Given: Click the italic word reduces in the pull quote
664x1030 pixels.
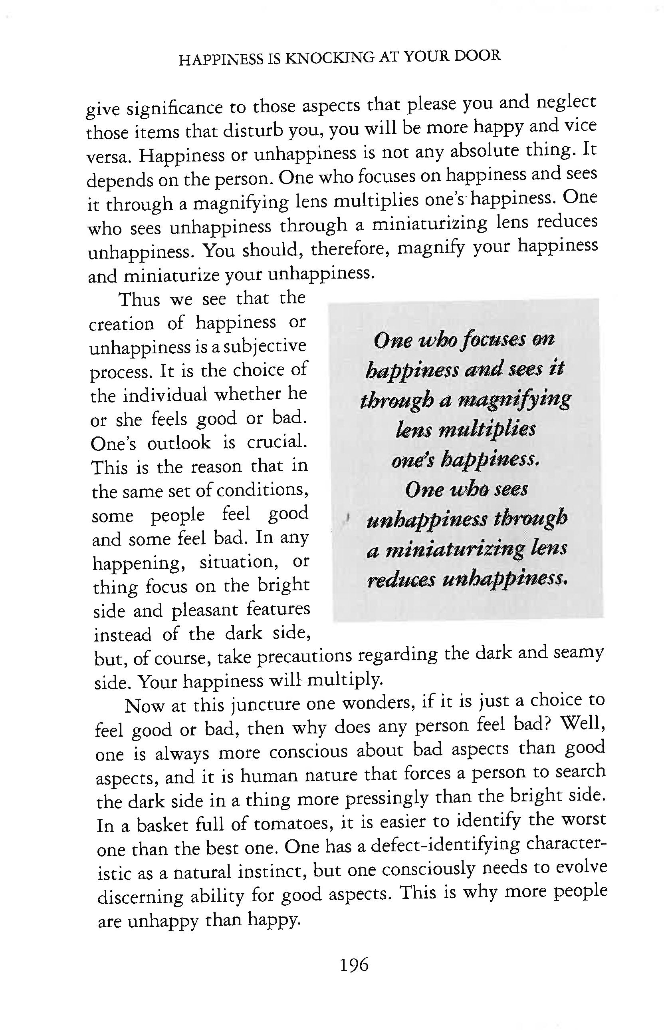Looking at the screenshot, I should (400, 580).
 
